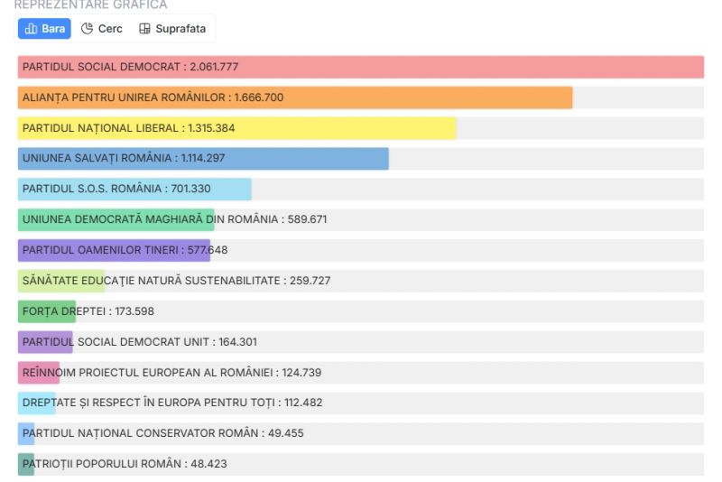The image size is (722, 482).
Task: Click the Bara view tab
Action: [44, 29]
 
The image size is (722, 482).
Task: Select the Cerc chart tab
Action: [102, 29]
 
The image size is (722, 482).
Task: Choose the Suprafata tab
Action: [172, 29]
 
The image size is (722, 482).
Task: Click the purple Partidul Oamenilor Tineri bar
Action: [113, 250]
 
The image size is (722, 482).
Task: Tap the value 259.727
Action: [310, 281]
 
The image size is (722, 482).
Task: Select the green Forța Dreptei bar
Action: [46, 311]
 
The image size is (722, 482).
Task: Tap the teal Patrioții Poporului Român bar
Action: [26, 464]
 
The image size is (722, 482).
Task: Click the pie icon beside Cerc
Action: [88, 29]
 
